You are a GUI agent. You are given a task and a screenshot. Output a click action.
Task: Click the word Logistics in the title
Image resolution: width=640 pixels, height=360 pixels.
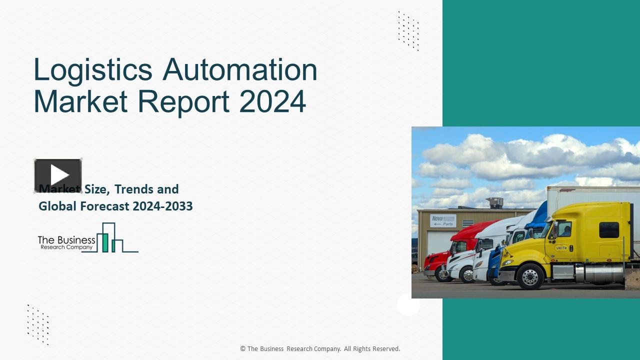(x=93, y=70)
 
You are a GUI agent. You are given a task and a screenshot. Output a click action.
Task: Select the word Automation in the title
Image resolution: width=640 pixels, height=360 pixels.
(x=240, y=70)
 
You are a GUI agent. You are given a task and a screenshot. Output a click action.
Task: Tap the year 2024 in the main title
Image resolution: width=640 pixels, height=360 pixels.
(x=272, y=101)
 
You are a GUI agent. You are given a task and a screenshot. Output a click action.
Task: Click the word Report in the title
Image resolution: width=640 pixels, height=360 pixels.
(x=183, y=101)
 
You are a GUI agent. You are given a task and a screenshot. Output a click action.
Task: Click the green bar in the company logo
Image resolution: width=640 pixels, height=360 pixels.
(x=105, y=242)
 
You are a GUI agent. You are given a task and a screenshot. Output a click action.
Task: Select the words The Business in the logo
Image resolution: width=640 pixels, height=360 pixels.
(x=66, y=240)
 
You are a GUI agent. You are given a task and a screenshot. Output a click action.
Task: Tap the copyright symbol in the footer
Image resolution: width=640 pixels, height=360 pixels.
(x=243, y=349)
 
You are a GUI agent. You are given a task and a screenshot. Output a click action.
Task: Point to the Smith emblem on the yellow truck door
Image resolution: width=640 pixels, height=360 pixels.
(x=561, y=247)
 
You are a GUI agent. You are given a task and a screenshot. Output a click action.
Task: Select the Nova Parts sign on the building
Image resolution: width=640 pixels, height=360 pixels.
(x=443, y=220)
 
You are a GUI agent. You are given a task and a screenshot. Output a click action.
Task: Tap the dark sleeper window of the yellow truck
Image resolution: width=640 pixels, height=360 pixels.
(x=609, y=229)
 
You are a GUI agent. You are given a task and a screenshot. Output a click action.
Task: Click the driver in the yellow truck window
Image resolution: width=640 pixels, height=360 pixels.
(x=566, y=230)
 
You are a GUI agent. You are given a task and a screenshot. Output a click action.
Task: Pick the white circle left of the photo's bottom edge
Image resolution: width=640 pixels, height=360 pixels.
(x=408, y=304)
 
